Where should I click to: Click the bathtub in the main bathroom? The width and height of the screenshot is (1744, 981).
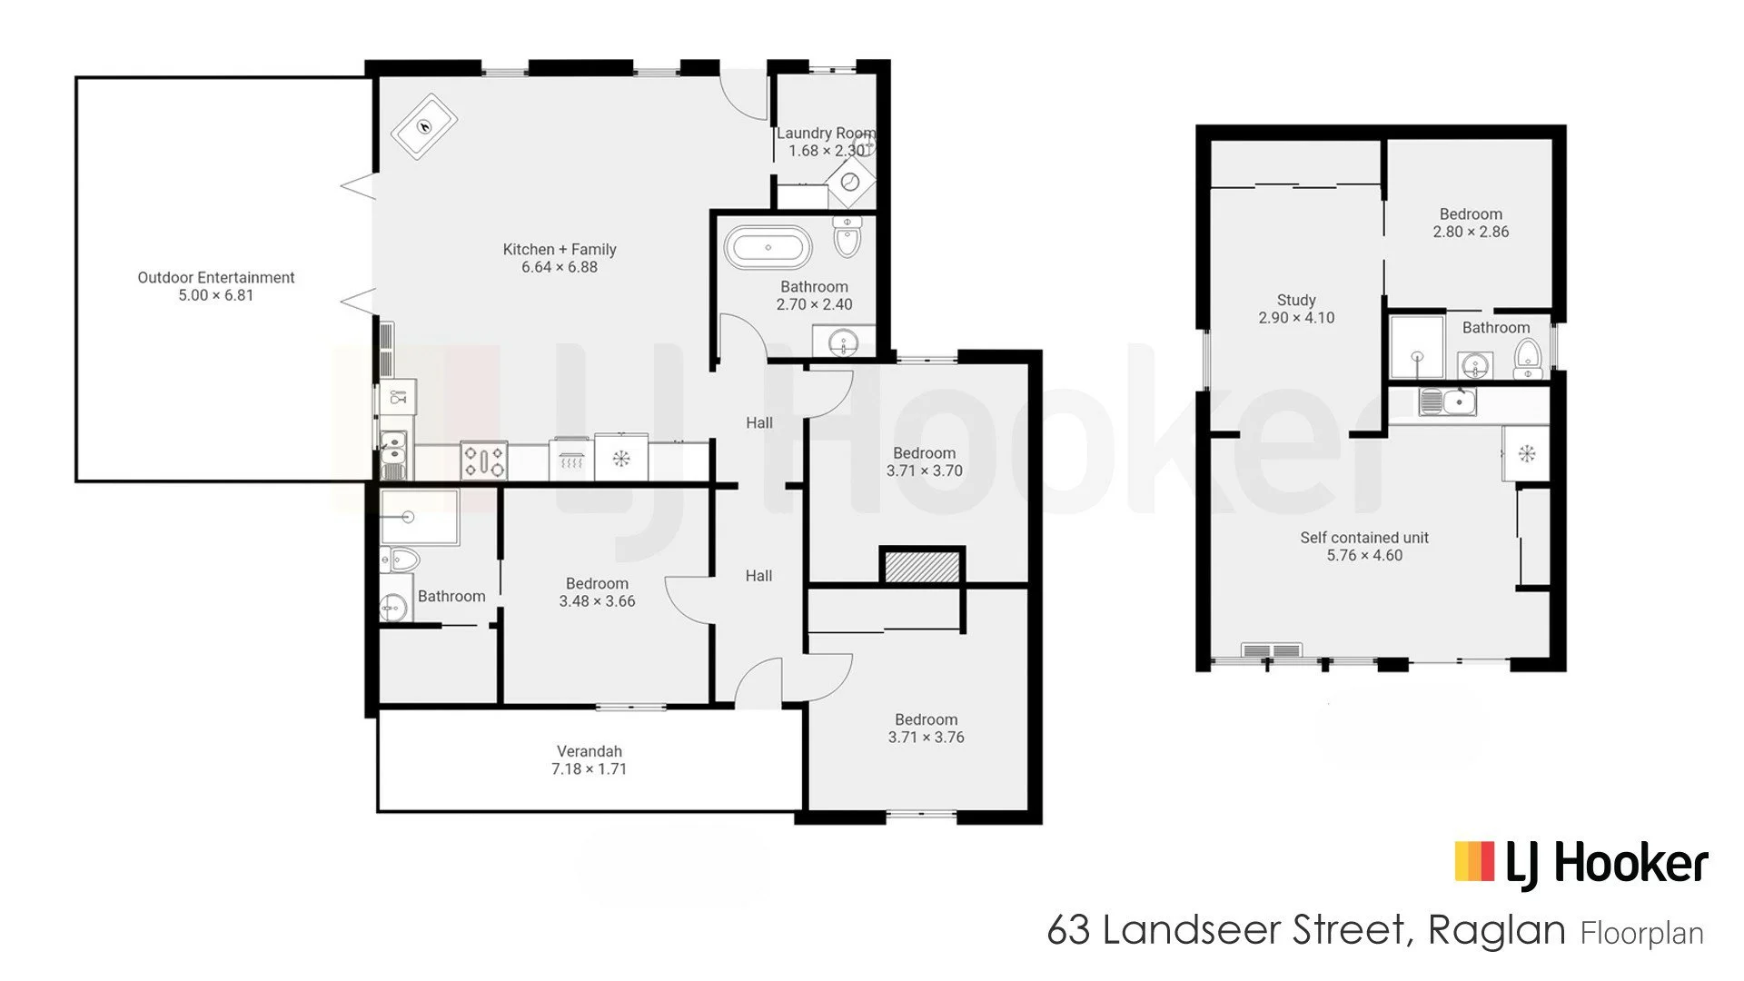click(x=768, y=247)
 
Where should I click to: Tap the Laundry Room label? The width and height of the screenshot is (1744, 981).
click(x=826, y=133)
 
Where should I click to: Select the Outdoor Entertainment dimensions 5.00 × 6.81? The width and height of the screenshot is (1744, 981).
click(x=216, y=295)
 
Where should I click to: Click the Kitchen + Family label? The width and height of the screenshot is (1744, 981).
click(x=560, y=249)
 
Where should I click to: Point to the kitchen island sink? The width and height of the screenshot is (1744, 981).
click(x=424, y=125)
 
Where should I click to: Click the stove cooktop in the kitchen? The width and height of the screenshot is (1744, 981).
click(x=484, y=460)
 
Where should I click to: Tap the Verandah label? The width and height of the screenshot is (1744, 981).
click(x=590, y=751)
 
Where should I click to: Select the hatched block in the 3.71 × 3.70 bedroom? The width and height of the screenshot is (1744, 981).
click(x=922, y=567)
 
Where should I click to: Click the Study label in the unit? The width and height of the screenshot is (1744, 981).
click(x=1296, y=300)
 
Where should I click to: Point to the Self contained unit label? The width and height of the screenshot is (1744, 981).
click(x=1364, y=538)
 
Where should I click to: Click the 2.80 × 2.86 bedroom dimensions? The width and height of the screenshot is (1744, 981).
click(x=1471, y=232)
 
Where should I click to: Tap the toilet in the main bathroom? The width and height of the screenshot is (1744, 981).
click(x=847, y=237)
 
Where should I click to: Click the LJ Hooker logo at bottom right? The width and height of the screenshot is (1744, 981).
click(x=1581, y=863)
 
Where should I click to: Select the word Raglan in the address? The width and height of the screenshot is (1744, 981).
click(x=1497, y=930)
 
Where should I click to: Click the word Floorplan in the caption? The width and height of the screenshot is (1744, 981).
click(x=1642, y=934)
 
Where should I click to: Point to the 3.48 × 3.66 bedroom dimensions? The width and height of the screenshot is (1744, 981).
click(x=597, y=601)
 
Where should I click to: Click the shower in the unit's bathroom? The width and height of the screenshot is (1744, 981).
click(x=1417, y=346)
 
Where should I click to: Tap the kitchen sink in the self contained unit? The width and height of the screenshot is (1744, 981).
click(x=1448, y=401)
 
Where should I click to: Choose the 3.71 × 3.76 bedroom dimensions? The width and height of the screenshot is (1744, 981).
click(x=926, y=738)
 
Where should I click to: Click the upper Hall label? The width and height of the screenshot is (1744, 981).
click(x=759, y=422)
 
